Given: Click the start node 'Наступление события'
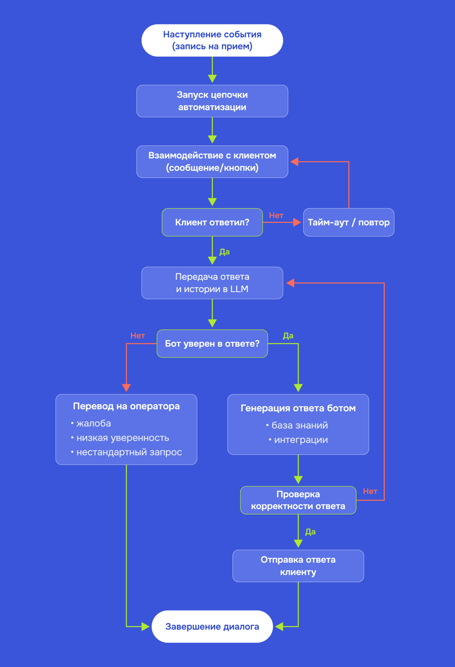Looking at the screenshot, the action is click(x=212, y=40).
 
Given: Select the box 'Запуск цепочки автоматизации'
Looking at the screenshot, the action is click(x=212, y=101).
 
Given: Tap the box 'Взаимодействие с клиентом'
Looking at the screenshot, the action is click(x=212, y=161).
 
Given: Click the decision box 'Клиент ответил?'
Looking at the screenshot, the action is click(x=212, y=222).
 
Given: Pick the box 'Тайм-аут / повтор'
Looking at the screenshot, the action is click(x=349, y=222).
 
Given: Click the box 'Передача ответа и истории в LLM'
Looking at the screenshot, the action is click(x=212, y=283).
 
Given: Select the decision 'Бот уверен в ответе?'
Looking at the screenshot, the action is click(x=212, y=344).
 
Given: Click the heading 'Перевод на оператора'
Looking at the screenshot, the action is click(x=126, y=406).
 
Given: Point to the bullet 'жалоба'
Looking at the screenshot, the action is click(x=91, y=423).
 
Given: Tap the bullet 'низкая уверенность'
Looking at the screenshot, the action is click(x=120, y=438).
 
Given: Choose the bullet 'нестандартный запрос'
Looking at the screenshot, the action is click(x=126, y=452).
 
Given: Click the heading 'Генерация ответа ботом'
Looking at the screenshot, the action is click(x=298, y=408).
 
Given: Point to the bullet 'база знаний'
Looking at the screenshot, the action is click(x=297, y=425).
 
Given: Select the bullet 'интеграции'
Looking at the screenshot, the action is click(x=298, y=440).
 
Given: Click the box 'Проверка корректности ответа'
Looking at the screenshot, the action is click(x=298, y=500).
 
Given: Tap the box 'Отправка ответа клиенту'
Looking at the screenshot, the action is click(x=298, y=566).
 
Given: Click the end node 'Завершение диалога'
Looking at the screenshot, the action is click(x=212, y=627).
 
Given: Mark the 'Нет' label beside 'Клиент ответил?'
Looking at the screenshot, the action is click(x=276, y=215).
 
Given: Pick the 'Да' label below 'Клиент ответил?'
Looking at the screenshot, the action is click(x=224, y=252).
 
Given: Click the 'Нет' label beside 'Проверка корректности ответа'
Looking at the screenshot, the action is click(x=370, y=491).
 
